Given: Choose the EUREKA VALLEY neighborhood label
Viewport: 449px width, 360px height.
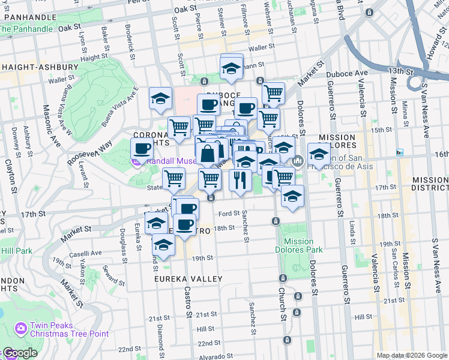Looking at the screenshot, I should coord(180,279).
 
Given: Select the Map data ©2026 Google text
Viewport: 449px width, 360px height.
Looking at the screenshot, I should coord(411,355).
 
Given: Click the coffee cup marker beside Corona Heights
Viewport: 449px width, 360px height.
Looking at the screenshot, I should coord(142,148).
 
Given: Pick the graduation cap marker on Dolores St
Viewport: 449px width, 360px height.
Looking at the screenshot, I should coord(319,154).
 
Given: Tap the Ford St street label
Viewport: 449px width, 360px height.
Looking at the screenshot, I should coord(229,214).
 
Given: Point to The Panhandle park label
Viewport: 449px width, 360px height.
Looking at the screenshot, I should coord(27,29).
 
